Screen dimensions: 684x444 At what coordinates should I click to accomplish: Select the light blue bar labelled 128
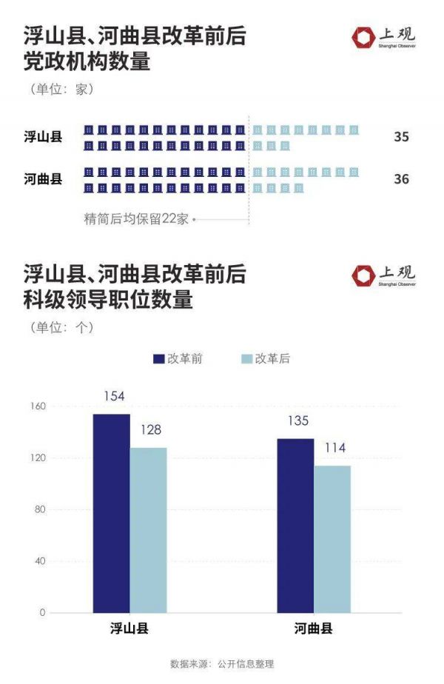148,530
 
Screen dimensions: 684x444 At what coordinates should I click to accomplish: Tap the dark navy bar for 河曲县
295,526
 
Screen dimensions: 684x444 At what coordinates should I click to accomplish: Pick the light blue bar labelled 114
332,539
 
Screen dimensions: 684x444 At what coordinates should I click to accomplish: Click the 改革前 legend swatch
158,359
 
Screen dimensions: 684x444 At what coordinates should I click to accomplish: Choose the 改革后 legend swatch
247,359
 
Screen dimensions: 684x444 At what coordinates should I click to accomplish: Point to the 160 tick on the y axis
38,406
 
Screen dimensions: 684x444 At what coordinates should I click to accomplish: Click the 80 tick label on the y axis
40,510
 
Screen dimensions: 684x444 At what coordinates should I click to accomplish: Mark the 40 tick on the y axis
40,561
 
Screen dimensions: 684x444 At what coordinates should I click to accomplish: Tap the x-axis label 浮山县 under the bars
129,629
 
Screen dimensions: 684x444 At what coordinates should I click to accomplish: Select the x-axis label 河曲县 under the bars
314,629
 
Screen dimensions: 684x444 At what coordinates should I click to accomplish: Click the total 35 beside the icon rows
401,137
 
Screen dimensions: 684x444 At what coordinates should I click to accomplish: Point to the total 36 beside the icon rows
401,179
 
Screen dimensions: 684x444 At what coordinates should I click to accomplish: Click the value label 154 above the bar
114,397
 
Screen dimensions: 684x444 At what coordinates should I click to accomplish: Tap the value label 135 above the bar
296,421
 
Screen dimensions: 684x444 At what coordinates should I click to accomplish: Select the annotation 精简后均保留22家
137,219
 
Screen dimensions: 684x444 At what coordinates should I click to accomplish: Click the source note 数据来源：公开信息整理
222,664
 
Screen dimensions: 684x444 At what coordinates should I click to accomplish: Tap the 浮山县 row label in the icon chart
43,137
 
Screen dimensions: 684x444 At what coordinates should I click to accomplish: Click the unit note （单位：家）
62,90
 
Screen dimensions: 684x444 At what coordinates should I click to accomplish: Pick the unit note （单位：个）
62,326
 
